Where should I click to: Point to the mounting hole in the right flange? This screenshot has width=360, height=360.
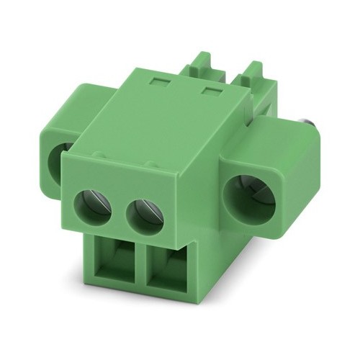click(251, 196)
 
